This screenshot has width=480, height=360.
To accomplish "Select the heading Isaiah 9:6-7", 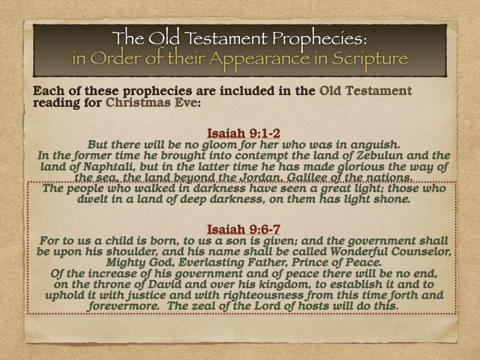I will tap(244, 229).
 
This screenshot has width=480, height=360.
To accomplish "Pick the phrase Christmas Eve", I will tap(153, 102).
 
